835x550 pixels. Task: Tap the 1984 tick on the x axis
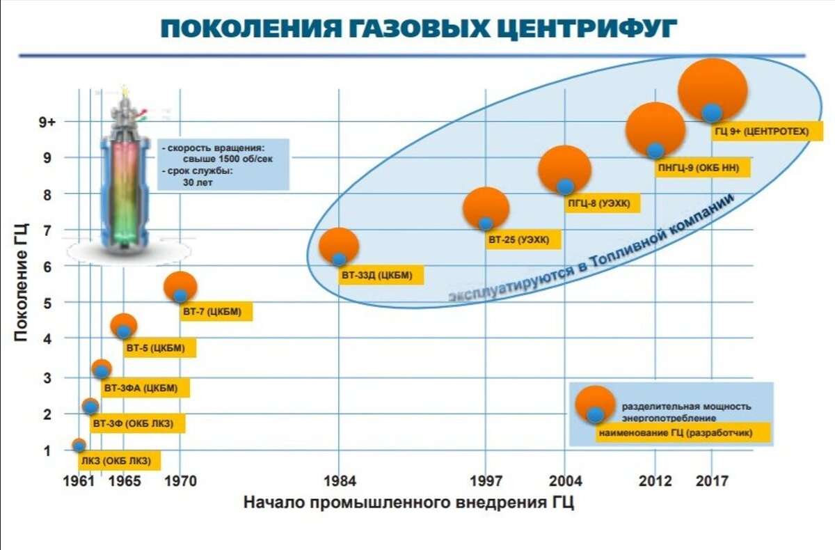[x=339, y=481]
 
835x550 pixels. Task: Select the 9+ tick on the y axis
[x=47, y=123]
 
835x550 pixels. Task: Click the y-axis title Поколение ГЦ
[x=21, y=282]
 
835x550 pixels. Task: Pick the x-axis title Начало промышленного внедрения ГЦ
[x=408, y=503]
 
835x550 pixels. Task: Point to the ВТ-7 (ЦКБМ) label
[x=212, y=313]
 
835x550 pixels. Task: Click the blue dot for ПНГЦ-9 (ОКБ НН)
[x=655, y=150]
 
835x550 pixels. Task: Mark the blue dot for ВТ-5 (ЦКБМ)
[x=124, y=331]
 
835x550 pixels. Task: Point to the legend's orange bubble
[x=595, y=400]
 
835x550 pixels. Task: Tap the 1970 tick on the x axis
[x=180, y=481]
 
